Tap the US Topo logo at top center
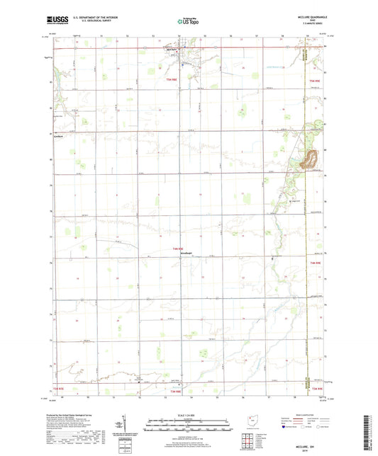click(x=188, y=22)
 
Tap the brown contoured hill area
click(x=309, y=160)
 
